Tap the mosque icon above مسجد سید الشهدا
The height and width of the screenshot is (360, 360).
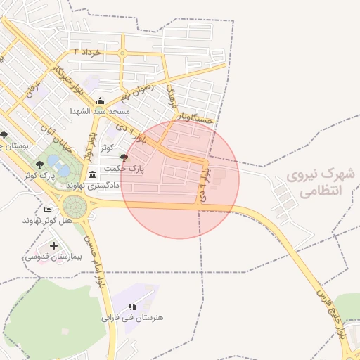click(x=100, y=101)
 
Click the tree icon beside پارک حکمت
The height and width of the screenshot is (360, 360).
click(x=124, y=158)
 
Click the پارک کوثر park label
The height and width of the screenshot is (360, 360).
click(x=39, y=174)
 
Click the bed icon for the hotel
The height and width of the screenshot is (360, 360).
click(x=47, y=210)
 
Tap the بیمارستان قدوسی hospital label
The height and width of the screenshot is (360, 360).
click(x=53, y=257)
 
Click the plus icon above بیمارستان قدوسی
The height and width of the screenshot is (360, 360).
click(x=54, y=245)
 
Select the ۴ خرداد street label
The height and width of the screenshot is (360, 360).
click(x=87, y=52)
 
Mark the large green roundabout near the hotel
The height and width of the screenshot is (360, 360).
click(x=75, y=207)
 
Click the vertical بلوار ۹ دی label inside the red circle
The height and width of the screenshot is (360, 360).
click(x=205, y=181)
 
